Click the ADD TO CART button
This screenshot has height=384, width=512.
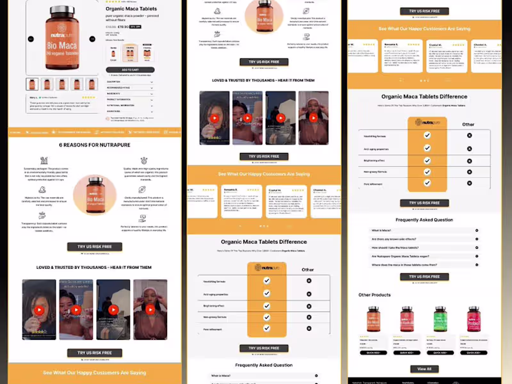tap(130, 69)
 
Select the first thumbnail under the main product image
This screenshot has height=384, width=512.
tap(32, 84)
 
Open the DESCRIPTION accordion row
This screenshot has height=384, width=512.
tap(130, 82)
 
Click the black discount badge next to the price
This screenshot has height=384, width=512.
tap(135, 27)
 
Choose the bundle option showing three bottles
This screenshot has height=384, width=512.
tap(147, 52)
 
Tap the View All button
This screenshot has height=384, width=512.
tap(424, 369)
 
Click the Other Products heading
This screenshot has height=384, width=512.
tap(374, 295)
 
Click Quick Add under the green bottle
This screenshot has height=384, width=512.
tap(440, 353)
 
